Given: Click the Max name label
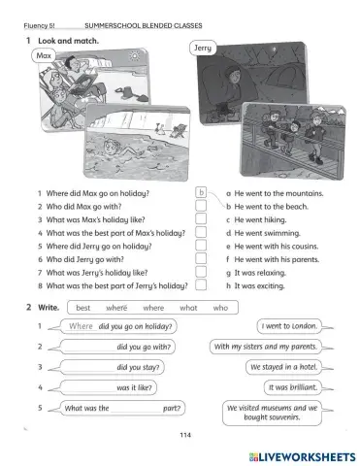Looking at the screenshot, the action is coord(42,56).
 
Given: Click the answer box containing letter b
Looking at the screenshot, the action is coord(202,192).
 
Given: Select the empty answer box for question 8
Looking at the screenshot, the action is coord(201,286).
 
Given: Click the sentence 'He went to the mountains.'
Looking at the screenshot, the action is coord(279,192).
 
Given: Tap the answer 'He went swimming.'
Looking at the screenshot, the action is coord(268,233).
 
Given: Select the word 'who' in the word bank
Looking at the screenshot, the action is coord(220,307).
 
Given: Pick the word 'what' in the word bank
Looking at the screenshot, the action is coord(188,307).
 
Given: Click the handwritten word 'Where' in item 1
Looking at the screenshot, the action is coord(82,326).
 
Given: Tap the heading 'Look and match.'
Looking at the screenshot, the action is coord(69,40).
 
